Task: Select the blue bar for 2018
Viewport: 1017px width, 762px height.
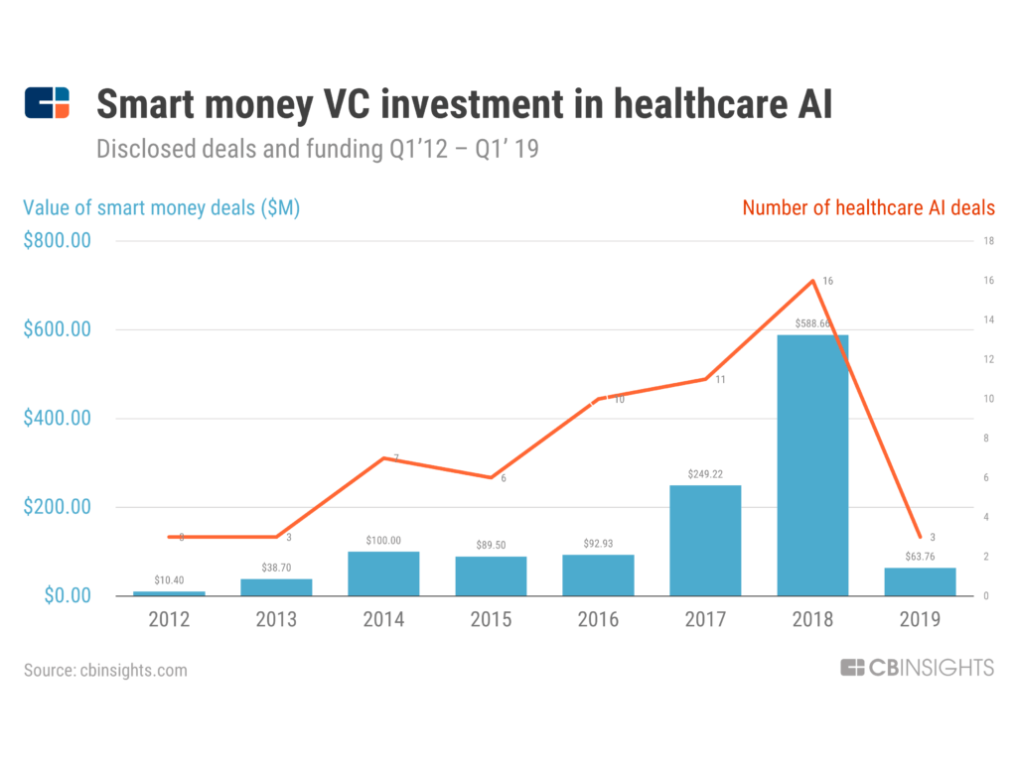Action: pos(812,465)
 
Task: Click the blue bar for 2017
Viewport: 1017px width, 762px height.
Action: pos(705,540)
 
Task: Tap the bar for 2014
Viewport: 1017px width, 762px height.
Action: pos(383,573)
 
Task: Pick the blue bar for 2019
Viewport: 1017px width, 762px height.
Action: pos(920,581)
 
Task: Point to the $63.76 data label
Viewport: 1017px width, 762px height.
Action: pos(920,557)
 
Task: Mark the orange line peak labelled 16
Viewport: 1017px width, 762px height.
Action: pos(813,281)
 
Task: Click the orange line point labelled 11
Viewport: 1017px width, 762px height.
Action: pos(705,379)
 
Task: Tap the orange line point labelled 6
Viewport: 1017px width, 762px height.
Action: pos(491,477)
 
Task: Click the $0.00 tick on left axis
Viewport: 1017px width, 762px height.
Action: pos(66,595)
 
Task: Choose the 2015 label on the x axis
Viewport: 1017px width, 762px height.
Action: pos(491,620)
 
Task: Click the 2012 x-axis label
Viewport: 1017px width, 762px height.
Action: pos(169,620)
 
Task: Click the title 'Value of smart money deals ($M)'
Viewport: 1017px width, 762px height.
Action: pos(161,208)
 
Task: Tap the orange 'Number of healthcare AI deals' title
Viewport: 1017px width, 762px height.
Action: pos(868,208)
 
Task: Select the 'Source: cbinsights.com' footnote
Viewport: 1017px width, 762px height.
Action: pos(105,670)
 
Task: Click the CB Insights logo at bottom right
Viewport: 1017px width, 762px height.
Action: pos(916,668)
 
